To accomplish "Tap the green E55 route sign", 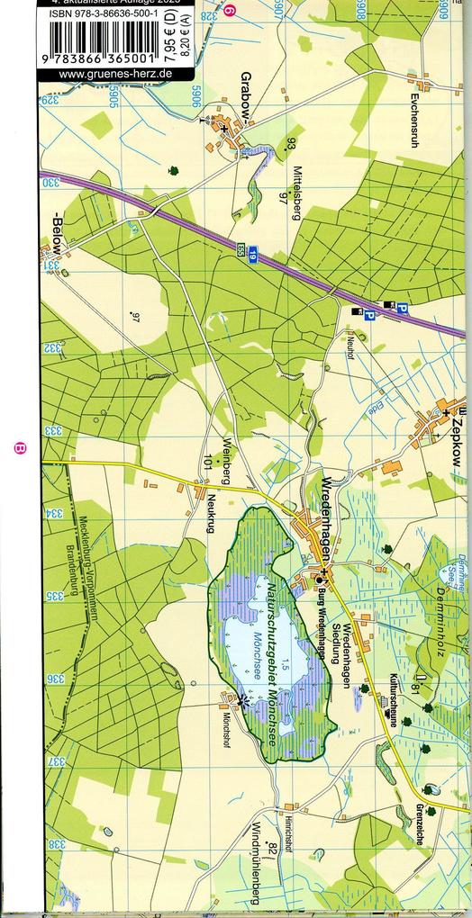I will point(241,251).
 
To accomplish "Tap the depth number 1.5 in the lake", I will point(284,666).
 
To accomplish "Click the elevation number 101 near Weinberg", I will point(208,464).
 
